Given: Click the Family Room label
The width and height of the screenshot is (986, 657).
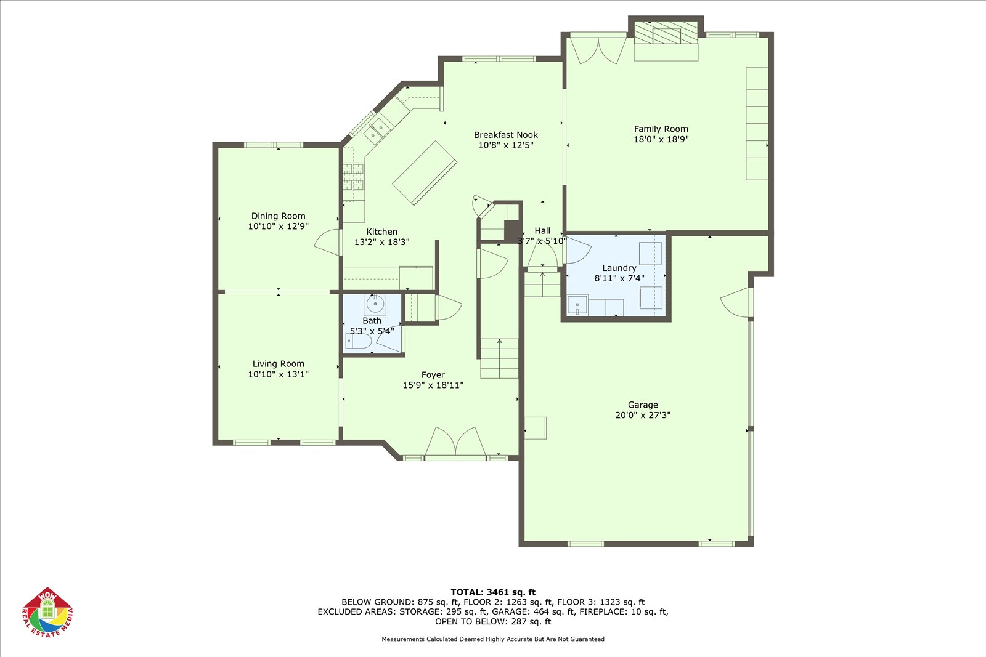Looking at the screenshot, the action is (661, 129).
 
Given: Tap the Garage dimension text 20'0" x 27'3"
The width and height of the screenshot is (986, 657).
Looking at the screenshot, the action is (643, 415).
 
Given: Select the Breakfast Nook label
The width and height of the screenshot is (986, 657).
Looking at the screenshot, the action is (506, 135).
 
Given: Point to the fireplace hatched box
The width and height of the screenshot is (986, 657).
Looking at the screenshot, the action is (666, 32).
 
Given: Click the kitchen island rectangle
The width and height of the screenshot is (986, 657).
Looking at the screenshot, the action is (425, 173).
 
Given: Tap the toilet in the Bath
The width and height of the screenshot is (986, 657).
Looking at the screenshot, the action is (358, 341).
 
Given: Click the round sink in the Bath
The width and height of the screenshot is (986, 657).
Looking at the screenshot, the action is (375, 304).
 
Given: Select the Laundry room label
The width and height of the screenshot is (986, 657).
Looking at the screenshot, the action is (619, 268).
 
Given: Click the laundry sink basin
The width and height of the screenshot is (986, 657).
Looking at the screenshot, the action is (577, 305).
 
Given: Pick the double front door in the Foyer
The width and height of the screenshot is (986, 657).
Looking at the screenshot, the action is (455, 441).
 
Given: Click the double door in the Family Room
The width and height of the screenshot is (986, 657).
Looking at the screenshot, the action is (598, 50).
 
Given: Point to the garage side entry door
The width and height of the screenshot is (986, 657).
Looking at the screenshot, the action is (736, 302).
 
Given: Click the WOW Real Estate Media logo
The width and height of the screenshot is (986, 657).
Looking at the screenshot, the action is (47, 612).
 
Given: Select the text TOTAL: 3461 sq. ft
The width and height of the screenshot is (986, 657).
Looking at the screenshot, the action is (493, 592).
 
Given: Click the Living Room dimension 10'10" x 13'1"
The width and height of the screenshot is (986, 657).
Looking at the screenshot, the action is (278, 374).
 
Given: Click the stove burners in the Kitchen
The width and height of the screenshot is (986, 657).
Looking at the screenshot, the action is (354, 176).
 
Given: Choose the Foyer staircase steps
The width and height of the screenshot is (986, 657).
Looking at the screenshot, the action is (499, 358).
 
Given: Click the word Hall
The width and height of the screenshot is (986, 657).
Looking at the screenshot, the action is (542, 230).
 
